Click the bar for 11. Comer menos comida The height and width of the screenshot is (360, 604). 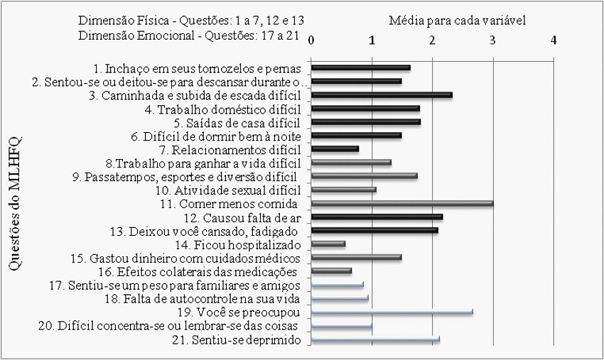(402, 203)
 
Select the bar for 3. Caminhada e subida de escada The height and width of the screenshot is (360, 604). (382, 94)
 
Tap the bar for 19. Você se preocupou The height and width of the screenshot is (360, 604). (392, 312)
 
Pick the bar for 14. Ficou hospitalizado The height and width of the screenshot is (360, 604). (328, 244)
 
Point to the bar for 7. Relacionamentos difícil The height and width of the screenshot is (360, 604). (335, 149)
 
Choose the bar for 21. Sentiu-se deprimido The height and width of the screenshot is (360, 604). (376, 339)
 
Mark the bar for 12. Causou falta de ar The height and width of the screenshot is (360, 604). (377, 217)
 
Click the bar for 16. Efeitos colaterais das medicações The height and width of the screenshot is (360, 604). (332, 271)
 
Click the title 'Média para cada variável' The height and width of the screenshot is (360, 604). (457, 21)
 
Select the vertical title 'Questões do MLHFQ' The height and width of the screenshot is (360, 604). (16, 202)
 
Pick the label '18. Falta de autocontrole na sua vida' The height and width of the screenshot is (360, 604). (213, 299)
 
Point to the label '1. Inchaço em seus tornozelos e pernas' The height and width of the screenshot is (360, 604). (198, 68)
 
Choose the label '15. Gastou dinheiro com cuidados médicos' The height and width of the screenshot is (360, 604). (195, 257)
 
